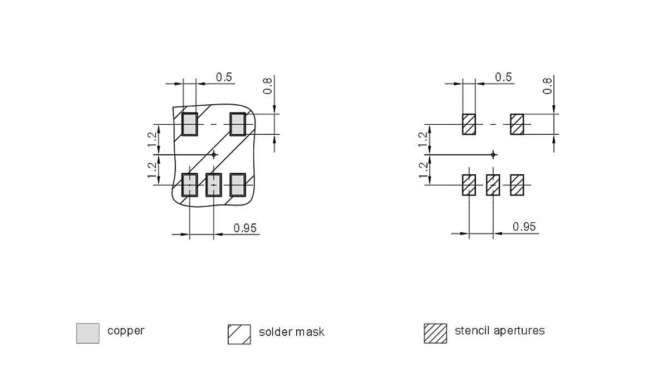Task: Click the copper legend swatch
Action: (87, 333)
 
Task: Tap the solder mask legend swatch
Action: (239, 334)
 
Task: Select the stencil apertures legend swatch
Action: (435, 333)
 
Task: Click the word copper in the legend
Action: (126, 330)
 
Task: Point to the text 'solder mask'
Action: (291, 332)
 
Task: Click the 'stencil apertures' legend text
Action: (499, 330)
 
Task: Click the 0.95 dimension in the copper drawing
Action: (245, 227)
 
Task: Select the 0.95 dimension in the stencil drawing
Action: (524, 226)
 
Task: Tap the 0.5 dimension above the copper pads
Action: (224, 77)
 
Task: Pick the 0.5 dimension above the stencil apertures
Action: (503, 77)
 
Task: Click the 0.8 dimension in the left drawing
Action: (268, 85)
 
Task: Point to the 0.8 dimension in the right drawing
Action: (548, 85)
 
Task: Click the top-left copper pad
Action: (190, 124)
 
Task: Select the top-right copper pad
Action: (238, 124)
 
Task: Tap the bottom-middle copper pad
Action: (214, 184)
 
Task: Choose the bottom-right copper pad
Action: (238, 184)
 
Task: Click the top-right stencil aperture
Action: (517, 124)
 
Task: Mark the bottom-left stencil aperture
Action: (469, 184)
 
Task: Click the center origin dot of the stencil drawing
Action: (493, 154)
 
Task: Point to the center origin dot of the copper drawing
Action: (214, 154)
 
